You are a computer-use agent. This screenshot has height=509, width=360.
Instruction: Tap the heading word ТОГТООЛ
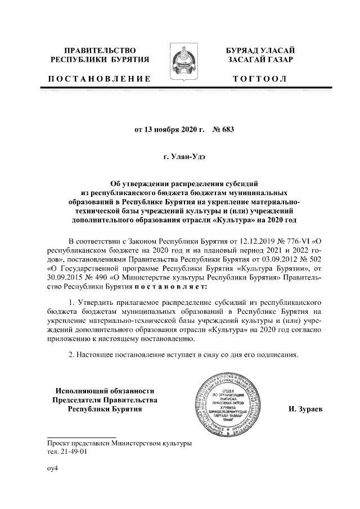coord(260,78)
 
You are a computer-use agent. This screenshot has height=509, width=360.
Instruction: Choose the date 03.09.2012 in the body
coord(260,258)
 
